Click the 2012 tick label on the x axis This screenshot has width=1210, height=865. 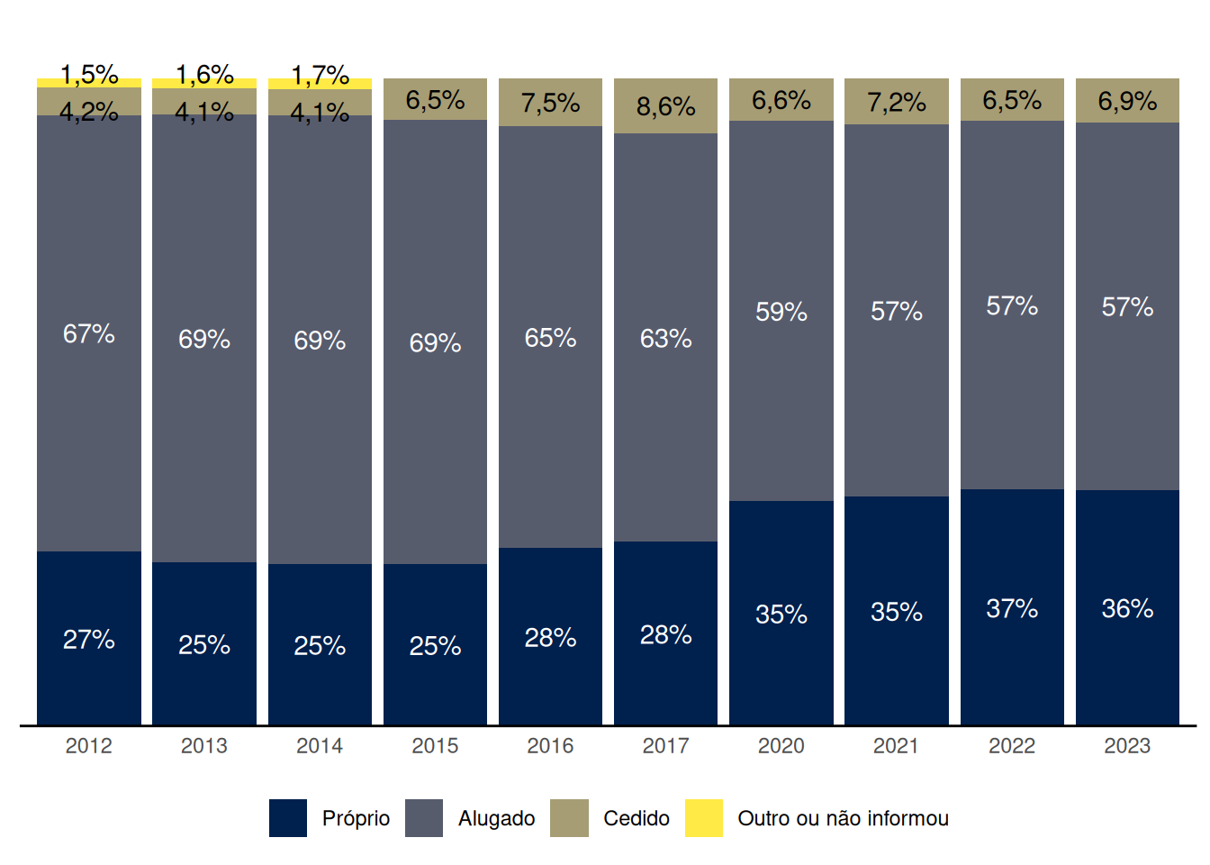[89, 746]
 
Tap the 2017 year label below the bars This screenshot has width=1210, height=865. [665, 746]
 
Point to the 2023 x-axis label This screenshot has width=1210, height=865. [1127, 746]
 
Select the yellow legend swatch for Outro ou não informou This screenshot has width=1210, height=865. [703, 818]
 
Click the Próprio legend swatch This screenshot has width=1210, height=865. [288, 818]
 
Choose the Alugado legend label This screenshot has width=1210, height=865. [496, 818]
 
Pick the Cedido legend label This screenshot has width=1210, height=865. [637, 818]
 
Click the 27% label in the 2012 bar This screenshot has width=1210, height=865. [89, 640]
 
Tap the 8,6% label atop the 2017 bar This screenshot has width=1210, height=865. [665, 106]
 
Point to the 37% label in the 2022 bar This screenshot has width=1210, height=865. [1012, 609]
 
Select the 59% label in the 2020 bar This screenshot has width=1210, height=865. [781, 312]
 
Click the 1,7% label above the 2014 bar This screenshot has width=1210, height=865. [320, 74]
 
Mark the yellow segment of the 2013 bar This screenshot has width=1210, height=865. [204, 84]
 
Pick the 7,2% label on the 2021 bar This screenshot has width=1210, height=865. [897, 103]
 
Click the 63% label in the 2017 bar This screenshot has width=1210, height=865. [665, 339]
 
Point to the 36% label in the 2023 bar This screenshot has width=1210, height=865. [1127, 609]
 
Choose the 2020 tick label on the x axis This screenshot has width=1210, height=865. [781, 746]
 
